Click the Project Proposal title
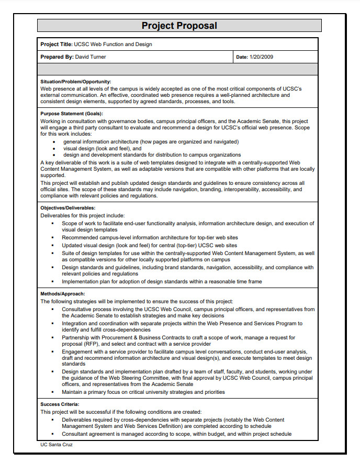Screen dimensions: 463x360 click(179, 26)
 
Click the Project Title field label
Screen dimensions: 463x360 click(57, 45)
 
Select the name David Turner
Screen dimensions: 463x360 click(91, 57)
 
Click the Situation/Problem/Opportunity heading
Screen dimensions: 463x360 click(75, 82)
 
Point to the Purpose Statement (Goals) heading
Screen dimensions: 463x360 click(72, 114)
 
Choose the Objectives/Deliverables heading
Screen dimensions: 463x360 click(67, 208)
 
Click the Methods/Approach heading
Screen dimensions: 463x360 click(62, 294)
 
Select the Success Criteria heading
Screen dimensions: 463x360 click(60, 404)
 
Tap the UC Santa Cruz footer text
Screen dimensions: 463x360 click(57, 445)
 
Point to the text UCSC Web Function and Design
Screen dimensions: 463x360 click(113, 45)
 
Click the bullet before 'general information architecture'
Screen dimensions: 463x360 click(55, 142)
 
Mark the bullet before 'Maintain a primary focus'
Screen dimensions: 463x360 click(52, 392)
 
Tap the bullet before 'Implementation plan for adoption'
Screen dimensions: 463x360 click(52, 282)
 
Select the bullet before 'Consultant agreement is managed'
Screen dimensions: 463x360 click(52, 434)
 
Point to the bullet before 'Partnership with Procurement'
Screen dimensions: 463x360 click(52, 338)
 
